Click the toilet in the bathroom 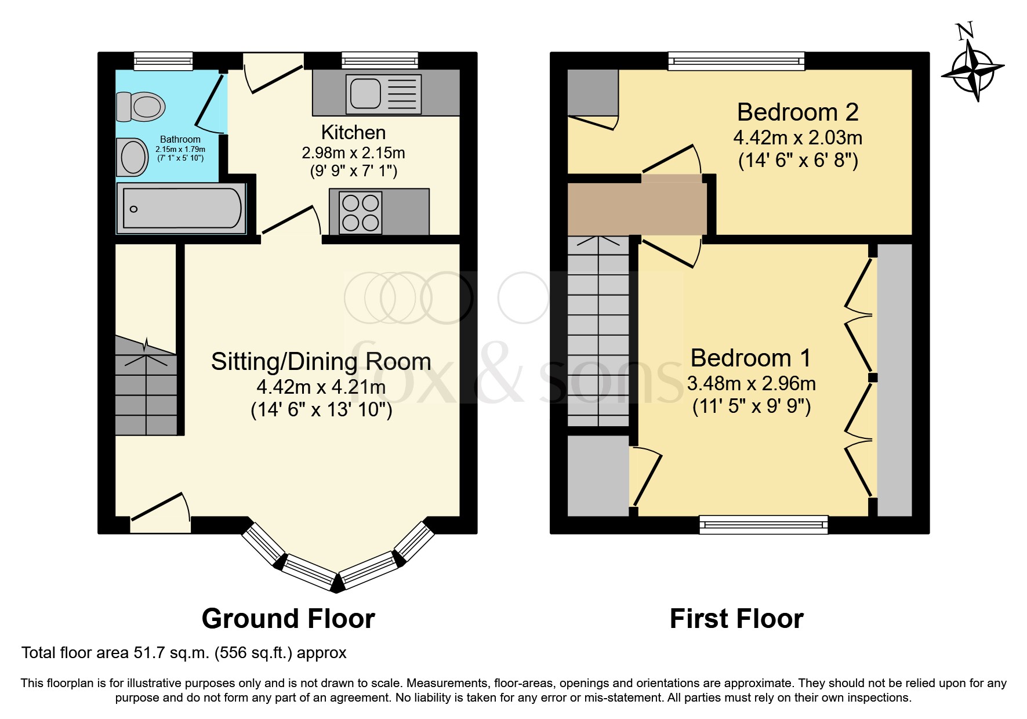tap(140, 107)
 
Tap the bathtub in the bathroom tap(181, 208)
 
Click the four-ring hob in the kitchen tap(360, 212)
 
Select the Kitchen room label tap(353, 133)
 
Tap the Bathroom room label tap(180, 139)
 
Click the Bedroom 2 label tap(797, 112)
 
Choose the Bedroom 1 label tap(751, 358)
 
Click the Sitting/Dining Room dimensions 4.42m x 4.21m tap(321, 386)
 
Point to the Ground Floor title tap(288, 619)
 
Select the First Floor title tap(736, 619)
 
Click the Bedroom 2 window tap(736, 61)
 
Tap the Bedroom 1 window tap(764, 525)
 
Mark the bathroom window tap(163, 61)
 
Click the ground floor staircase tap(146, 386)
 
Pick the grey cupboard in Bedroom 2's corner tap(593, 93)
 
